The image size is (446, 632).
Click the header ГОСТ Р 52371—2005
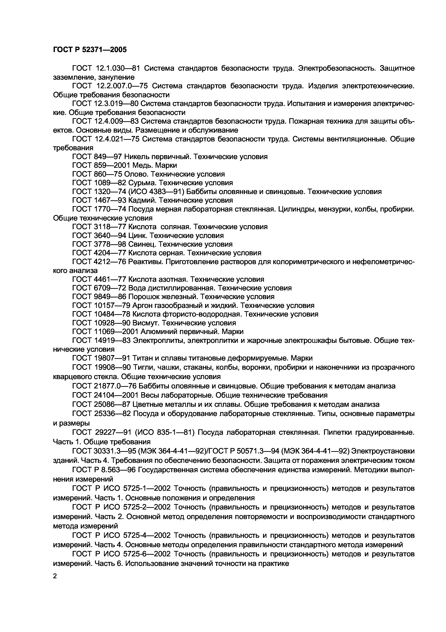90,50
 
